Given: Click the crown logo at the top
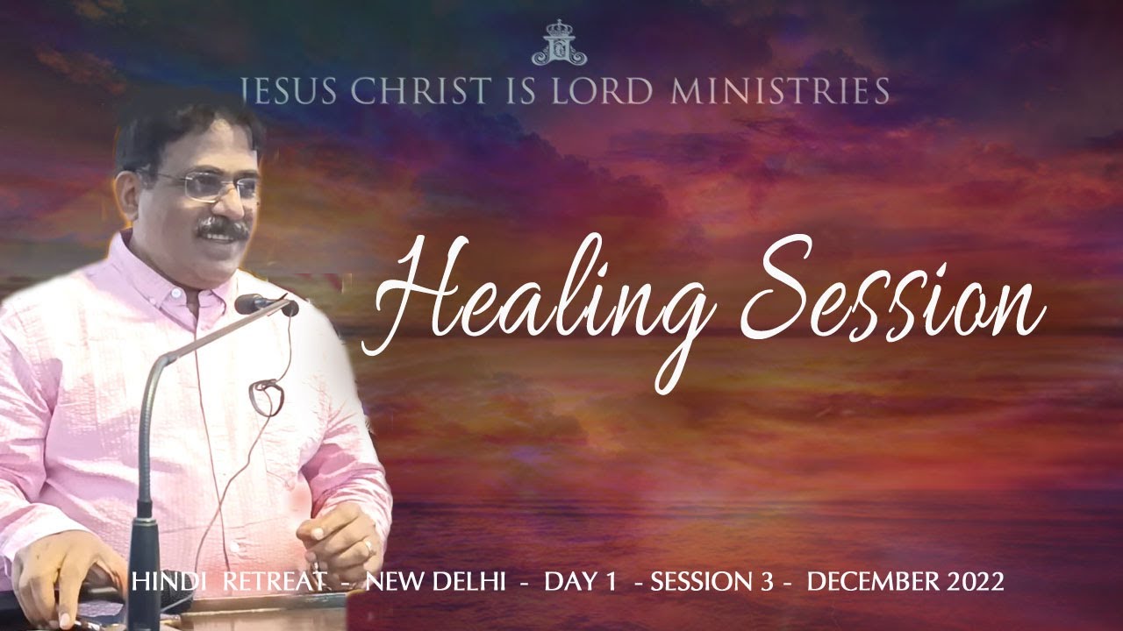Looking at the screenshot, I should [559, 43].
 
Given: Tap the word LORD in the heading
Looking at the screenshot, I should [597, 91].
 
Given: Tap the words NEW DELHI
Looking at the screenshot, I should [434, 582].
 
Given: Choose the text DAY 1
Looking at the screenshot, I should [580, 582].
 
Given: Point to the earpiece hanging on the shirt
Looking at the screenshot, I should [266, 396].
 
